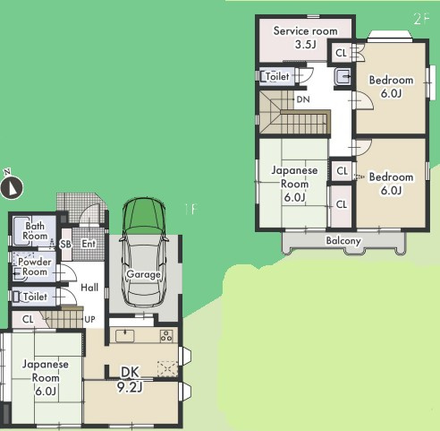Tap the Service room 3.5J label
click(306, 38)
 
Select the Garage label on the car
click(143, 274)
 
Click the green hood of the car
click(144, 214)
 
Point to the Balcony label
click(343, 240)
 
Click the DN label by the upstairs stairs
click(303, 99)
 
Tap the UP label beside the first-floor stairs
click(89, 319)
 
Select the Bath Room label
click(35, 231)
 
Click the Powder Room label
click(35, 267)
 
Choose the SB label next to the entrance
click(65, 244)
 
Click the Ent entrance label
click(89, 244)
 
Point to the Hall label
click(89, 288)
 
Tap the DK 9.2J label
click(131, 380)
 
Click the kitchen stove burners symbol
click(166, 335)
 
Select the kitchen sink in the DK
click(125, 336)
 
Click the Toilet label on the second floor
click(277, 76)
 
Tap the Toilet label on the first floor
click(35, 297)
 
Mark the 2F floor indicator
click(421, 19)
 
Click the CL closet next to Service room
click(341, 53)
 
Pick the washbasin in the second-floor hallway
click(343, 76)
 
